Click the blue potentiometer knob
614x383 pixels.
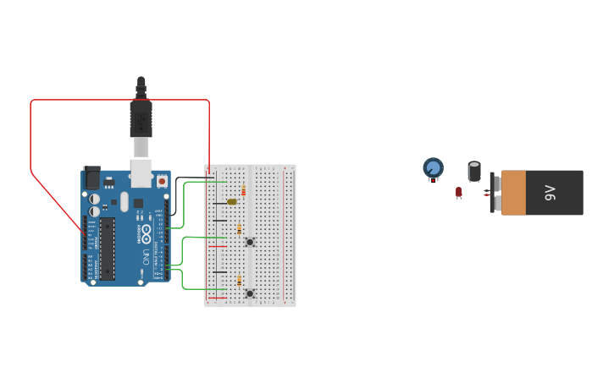tap(433, 167)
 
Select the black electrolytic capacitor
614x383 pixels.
tap(474, 172)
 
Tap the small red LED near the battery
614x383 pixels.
tap(459, 192)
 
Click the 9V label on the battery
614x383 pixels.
tap(550, 193)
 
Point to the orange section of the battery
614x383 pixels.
tap(513, 193)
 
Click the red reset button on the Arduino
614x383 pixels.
tap(162, 181)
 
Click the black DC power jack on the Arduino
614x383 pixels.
tap(91, 177)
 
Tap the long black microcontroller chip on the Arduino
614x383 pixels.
tap(107, 249)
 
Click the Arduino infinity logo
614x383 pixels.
tap(146, 231)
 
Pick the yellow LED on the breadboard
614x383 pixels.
tap(231, 202)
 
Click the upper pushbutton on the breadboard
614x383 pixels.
tap(250, 242)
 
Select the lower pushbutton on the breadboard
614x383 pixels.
tap(250, 293)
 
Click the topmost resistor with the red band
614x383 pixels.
tap(244, 191)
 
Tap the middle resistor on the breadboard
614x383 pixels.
tap(240, 229)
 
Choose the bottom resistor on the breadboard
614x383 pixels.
tap(240, 280)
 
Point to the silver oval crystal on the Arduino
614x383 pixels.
tap(124, 201)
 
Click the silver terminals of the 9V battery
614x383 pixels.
tap(491, 193)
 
